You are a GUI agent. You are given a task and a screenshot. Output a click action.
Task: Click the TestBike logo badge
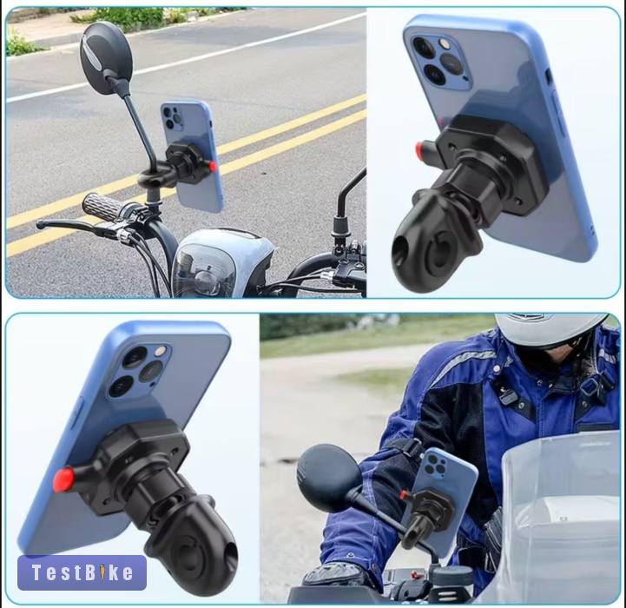pos(82,572)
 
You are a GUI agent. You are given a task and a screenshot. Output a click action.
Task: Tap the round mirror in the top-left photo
pos(106,58)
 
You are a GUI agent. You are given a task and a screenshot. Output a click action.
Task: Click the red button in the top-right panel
pos(419,149)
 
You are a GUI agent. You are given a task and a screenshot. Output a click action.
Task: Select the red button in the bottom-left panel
pos(64,479)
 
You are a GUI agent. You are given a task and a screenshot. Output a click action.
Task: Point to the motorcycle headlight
pos(205,270)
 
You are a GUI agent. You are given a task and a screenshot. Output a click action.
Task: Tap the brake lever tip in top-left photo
pos(40,224)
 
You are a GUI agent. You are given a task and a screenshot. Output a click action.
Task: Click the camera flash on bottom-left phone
pos(160,351)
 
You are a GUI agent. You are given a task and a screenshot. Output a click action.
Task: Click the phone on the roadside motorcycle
pos(193,156)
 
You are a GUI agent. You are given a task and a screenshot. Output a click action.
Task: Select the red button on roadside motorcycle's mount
pos(213,166)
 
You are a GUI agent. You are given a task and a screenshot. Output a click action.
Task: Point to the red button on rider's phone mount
pos(403,495)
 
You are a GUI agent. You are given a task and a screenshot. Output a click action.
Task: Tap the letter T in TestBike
pos(36,572)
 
